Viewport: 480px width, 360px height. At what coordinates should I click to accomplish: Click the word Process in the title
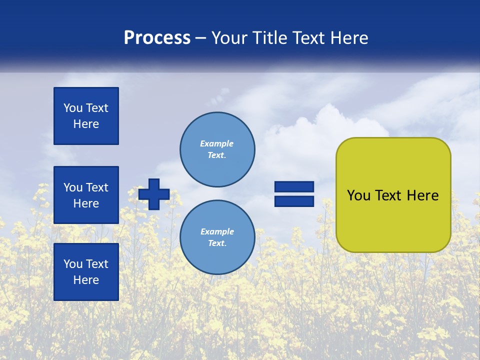click(157, 38)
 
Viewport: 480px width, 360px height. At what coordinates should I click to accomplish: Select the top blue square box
click(86, 116)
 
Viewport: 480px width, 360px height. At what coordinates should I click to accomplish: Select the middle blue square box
click(86, 195)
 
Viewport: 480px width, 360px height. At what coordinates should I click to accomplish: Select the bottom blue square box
click(86, 272)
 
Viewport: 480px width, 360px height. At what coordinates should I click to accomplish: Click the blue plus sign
click(154, 194)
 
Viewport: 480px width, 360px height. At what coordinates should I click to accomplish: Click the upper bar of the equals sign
click(294, 186)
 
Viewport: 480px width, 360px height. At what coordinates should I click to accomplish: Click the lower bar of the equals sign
click(294, 201)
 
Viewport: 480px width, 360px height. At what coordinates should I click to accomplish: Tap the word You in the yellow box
click(358, 195)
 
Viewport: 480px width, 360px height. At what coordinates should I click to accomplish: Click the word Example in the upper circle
click(216, 143)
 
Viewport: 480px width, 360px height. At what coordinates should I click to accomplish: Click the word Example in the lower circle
click(217, 231)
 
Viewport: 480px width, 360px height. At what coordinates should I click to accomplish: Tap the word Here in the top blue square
click(86, 124)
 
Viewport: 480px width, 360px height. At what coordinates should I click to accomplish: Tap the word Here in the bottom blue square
click(86, 280)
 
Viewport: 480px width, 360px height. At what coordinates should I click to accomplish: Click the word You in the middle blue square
click(73, 187)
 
